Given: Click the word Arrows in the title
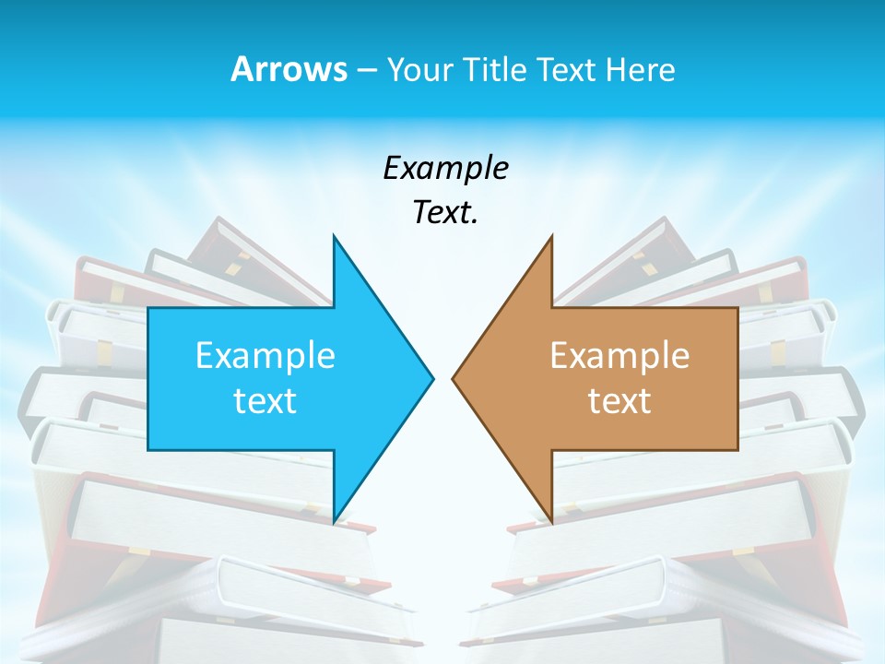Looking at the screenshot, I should click(288, 70).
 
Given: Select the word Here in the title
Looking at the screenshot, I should click(640, 70).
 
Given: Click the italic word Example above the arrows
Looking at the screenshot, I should click(445, 169).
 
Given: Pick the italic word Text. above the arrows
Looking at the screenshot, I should click(445, 213).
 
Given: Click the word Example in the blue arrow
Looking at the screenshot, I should click(265, 356).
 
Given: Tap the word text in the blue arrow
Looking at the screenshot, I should click(265, 401).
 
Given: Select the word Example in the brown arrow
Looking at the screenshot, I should click(619, 356).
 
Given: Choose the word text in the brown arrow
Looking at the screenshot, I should click(619, 401).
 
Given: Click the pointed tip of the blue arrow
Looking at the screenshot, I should click(431, 378).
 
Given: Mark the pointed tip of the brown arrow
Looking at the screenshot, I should click(454, 378).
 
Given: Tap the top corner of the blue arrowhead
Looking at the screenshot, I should click(334, 237).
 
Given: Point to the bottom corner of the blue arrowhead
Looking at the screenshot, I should click(334, 521).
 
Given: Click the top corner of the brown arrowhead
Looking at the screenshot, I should click(551, 237).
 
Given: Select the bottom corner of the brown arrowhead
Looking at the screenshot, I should click(551, 521).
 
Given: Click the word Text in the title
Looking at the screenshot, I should click(569, 70).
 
